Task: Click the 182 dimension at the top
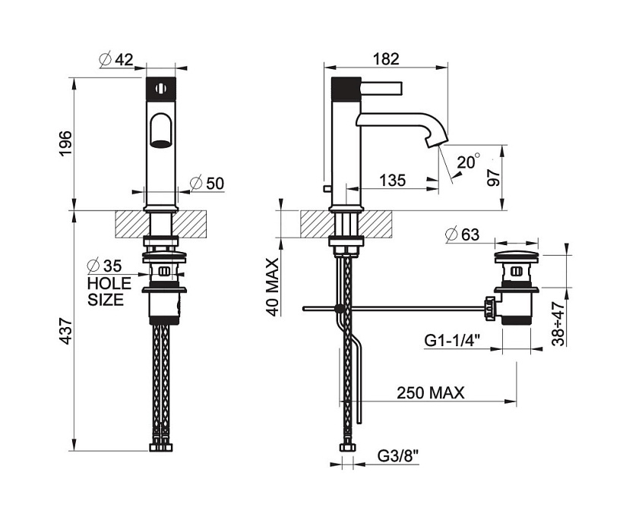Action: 387,59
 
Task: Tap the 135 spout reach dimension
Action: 392,181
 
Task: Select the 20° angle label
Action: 469,162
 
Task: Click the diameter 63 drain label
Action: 463,235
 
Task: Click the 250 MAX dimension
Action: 430,392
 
